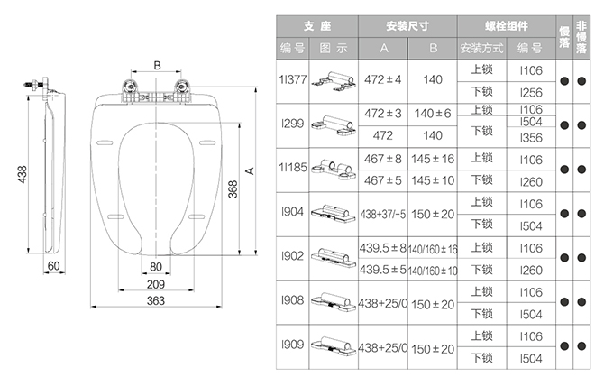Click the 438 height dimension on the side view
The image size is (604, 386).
[x=23, y=174]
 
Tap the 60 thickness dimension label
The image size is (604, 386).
[x=54, y=266]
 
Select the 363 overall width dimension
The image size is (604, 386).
[x=156, y=300]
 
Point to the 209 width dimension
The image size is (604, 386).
[x=156, y=284]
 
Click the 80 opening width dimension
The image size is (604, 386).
[x=156, y=267]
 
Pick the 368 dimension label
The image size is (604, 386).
[x=233, y=189]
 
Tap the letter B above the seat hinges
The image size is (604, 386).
[x=157, y=66]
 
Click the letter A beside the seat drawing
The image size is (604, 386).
[x=250, y=170]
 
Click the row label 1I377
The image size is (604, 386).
[x=293, y=79]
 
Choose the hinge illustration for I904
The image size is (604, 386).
[x=334, y=214]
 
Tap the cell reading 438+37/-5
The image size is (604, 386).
[x=383, y=214]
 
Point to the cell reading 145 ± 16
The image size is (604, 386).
[x=433, y=159]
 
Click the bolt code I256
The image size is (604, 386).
[x=531, y=93]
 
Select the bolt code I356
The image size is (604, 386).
[x=531, y=138]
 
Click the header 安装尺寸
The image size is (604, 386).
[x=407, y=26]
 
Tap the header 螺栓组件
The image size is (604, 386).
[x=507, y=26]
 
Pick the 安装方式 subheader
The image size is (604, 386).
[x=482, y=49]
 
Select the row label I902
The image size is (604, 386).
[x=293, y=256]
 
